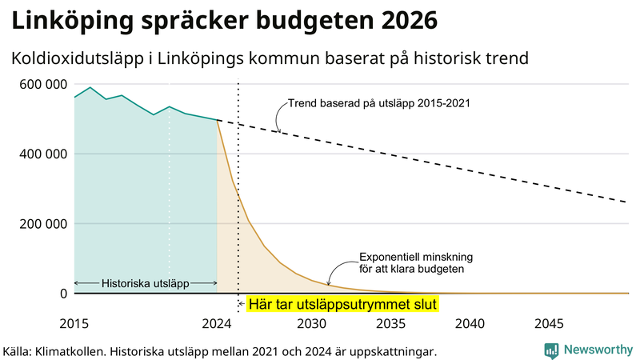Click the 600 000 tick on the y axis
[38, 84]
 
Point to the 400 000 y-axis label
[38, 154]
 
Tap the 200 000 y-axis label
[38, 224]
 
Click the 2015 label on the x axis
[74, 323]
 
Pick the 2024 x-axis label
[217, 323]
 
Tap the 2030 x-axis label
[311, 323]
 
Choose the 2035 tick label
[390, 323]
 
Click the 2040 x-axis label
[470, 323]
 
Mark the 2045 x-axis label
[549, 323]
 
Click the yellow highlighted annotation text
[343, 305]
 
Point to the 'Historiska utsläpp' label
[146, 283]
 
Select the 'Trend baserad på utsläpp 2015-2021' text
[378, 103]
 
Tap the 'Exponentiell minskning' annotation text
[416, 257]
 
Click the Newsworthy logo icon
[551, 350]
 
